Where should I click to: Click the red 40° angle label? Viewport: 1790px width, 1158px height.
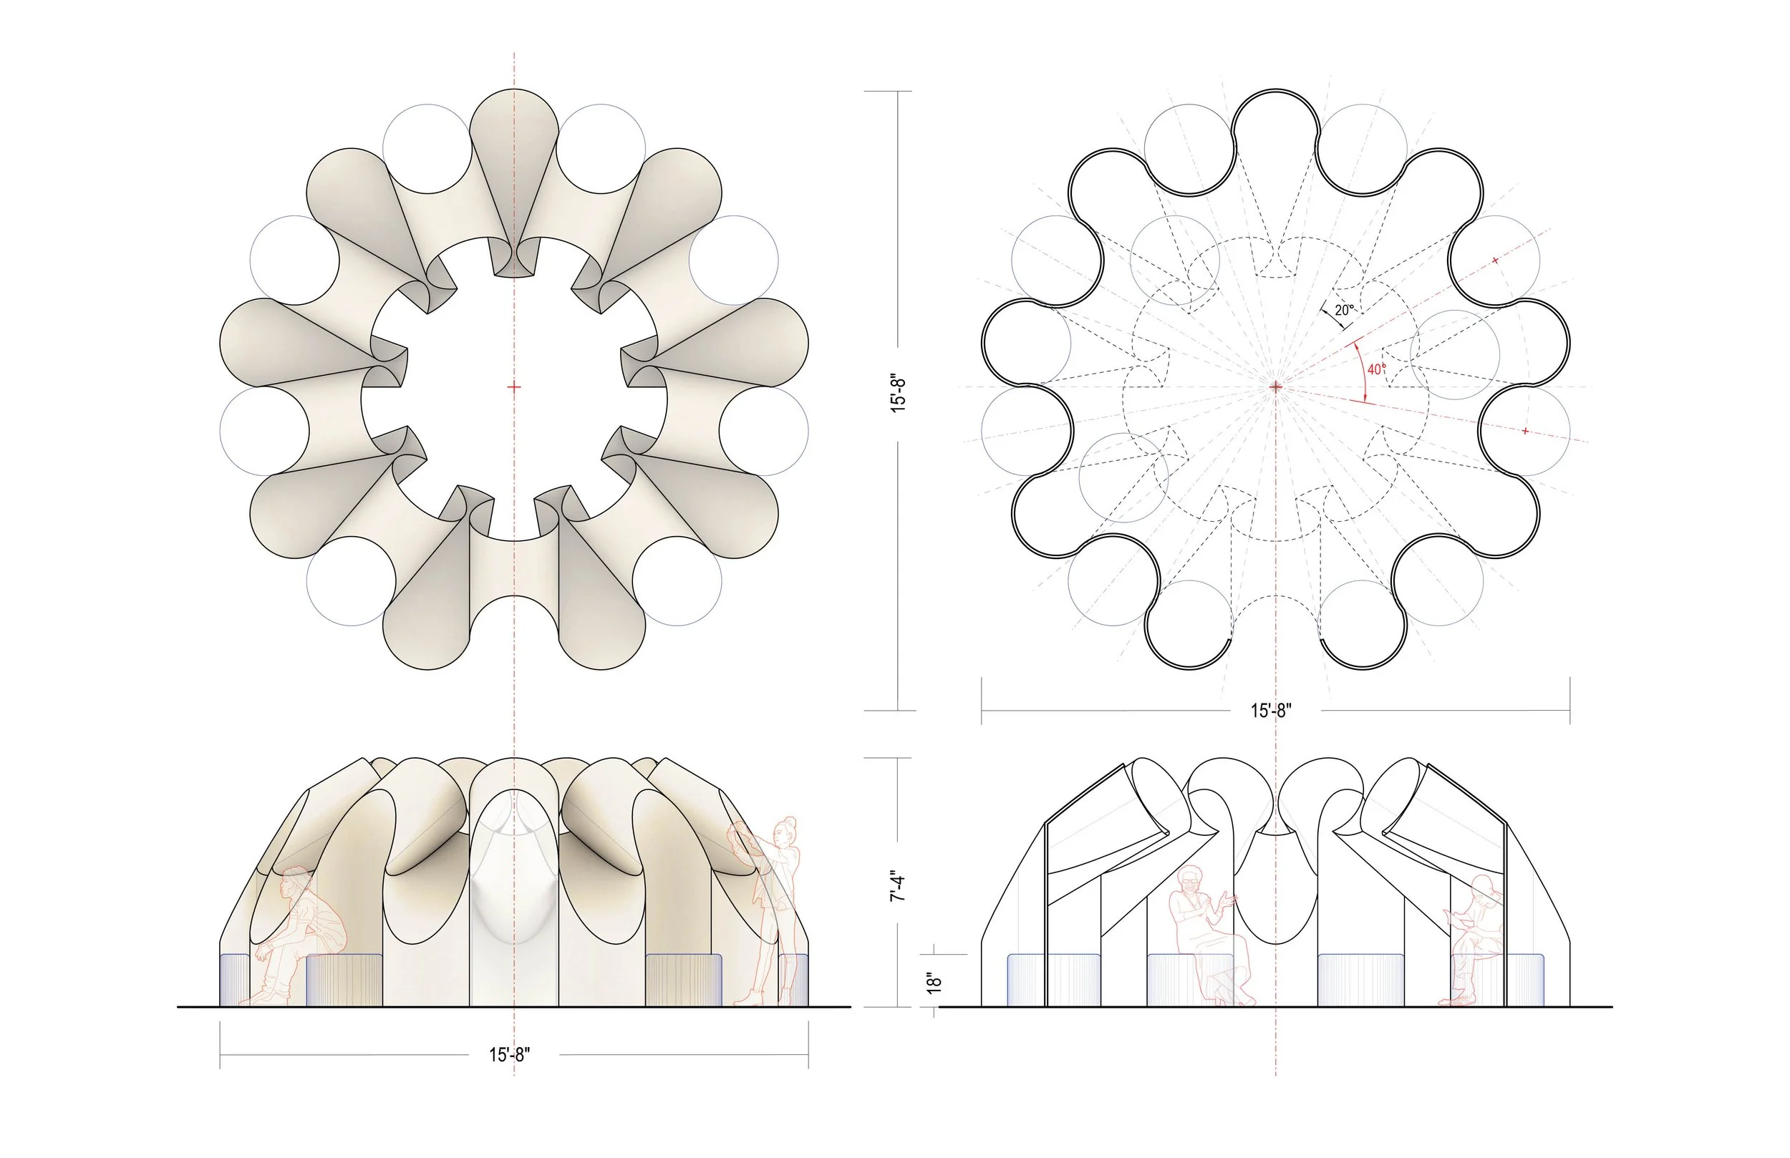(x=1376, y=369)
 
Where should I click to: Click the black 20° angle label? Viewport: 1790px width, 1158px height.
(x=1344, y=310)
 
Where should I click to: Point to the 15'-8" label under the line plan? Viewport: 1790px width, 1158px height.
(x=1271, y=711)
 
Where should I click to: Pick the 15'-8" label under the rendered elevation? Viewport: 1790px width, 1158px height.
(x=509, y=1055)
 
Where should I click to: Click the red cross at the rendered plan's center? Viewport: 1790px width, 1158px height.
(x=514, y=387)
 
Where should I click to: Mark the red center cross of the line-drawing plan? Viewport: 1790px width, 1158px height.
(x=1277, y=386)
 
